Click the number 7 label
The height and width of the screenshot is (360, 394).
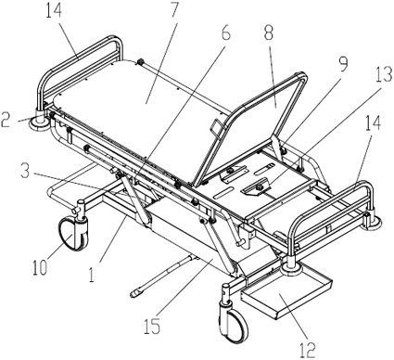click(172, 9)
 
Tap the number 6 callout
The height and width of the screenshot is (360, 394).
click(226, 32)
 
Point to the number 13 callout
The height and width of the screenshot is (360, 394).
click(383, 74)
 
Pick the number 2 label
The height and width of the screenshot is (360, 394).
click(6, 120)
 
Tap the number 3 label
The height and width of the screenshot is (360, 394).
click(26, 171)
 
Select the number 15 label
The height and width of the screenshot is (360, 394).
click(152, 325)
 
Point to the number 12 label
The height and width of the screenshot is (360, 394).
click(307, 350)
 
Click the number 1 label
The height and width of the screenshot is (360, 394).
click(91, 275)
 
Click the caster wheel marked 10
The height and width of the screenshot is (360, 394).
click(73, 233)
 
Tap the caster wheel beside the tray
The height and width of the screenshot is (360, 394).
click(234, 325)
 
